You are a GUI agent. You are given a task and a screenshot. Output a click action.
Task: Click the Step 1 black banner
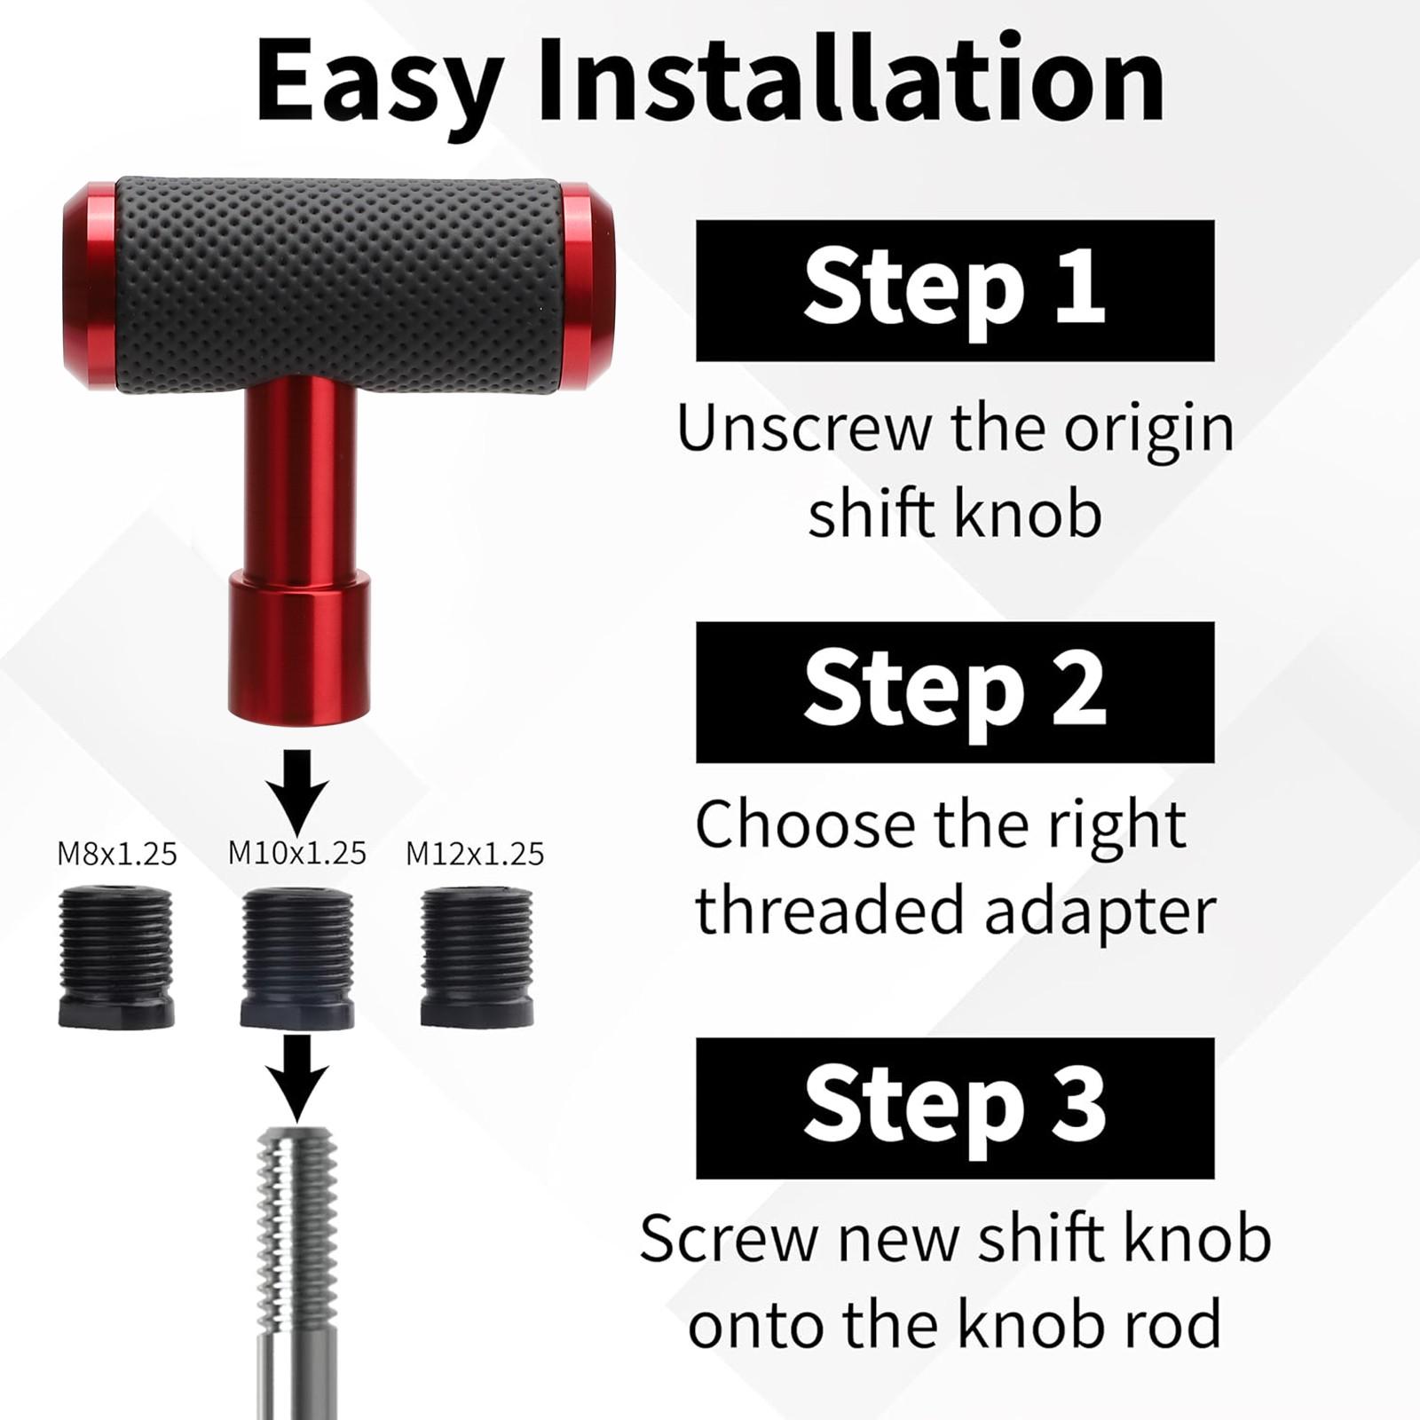click(x=955, y=290)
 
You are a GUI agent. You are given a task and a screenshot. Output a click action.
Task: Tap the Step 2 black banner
click(x=955, y=692)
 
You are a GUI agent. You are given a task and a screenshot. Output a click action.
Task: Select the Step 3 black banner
click(x=955, y=1108)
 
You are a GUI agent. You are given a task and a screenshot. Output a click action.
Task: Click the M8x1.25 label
click(x=117, y=854)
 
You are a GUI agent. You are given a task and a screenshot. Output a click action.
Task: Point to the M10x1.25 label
click(x=297, y=853)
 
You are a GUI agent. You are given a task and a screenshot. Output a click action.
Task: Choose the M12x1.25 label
click(x=475, y=854)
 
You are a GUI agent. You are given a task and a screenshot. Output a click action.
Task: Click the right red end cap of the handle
click(x=586, y=288)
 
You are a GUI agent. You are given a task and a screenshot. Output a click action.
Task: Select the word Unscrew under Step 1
click(x=804, y=430)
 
